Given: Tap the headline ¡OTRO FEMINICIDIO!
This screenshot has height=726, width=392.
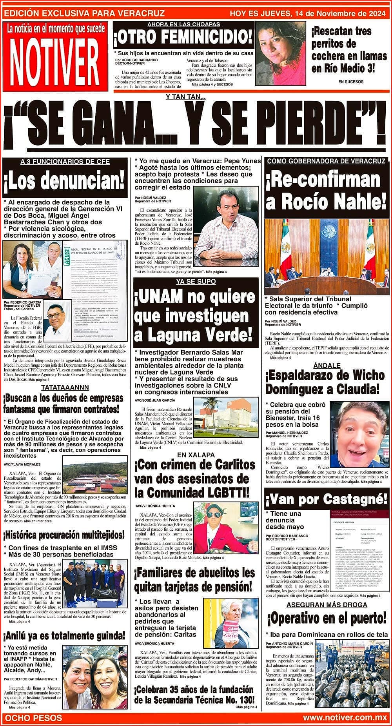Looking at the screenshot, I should [183, 38].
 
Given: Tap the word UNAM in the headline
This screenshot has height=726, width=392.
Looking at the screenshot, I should [162, 298].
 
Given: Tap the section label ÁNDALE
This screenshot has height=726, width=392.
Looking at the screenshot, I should [327, 366].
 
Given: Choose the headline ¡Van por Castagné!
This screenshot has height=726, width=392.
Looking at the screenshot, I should [327, 499].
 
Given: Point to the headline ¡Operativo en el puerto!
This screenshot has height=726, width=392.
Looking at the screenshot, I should [327, 619].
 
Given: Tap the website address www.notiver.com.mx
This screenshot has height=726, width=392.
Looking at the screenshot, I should [345, 717].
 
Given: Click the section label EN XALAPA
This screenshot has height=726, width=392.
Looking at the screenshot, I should [196, 455].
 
